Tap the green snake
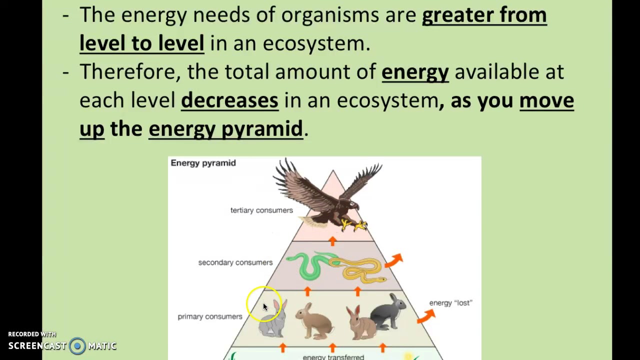307,265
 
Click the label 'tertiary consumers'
261,210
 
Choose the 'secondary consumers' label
235,262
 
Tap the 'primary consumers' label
210,316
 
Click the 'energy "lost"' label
450,303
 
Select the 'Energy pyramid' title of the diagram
203,163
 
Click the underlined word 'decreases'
229,100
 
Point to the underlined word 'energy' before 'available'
415,72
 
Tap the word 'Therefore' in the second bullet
127,72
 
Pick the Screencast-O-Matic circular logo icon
77,346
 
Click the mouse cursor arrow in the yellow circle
265,307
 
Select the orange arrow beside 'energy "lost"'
426,315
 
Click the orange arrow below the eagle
333,241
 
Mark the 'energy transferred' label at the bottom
333,356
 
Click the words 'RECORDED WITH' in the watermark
32,334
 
